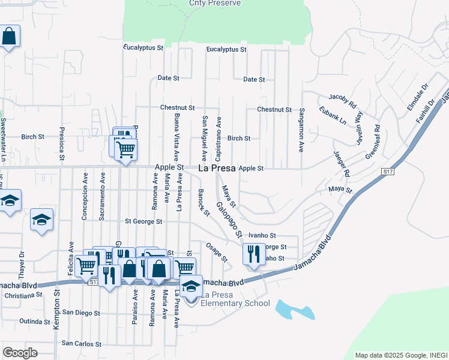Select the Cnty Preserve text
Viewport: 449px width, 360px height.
point(214,4)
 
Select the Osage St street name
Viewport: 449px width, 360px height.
point(217,252)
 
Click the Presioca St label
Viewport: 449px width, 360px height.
point(61,142)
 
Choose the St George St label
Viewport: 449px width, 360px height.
point(143,221)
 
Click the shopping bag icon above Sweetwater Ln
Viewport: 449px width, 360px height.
point(10,37)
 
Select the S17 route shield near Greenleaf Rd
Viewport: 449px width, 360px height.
point(387,172)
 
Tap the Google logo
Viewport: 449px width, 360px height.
point(20,353)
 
